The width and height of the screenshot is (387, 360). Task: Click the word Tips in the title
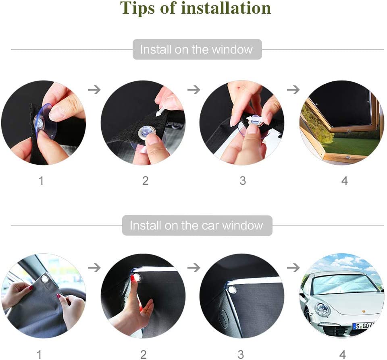tap(137, 8)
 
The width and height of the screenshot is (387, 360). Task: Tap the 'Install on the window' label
tap(197, 49)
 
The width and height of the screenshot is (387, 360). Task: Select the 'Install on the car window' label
tap(197, 226)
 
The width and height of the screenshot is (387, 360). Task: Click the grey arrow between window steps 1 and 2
tap(94, 90)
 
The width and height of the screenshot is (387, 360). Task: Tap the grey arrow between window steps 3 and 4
tap(293, 90)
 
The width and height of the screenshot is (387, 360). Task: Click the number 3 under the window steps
tap(243, 181)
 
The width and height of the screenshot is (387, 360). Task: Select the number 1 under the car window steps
tap(39, 355)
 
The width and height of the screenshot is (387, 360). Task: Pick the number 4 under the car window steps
tap(342, 355)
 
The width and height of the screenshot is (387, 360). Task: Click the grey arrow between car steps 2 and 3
tap(194, 268)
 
